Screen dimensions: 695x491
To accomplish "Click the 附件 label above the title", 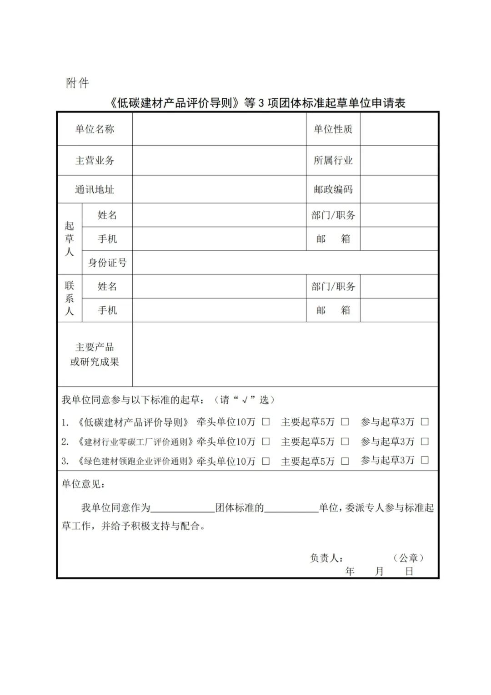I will click(78, 83).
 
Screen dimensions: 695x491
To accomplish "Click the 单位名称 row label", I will click(95, 129).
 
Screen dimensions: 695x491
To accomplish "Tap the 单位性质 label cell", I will click(333, 129).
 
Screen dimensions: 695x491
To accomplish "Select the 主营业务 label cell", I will click(95, 160).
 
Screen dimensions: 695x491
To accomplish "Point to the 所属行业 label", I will click(333, 160).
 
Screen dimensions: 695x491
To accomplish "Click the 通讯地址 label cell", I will click(95, 189).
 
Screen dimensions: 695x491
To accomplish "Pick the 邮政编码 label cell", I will click(333, 189).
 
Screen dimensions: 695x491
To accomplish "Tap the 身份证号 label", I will click(107, 263).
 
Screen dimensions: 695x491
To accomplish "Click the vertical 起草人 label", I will click(69, 238).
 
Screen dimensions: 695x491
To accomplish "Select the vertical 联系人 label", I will click(69, 299).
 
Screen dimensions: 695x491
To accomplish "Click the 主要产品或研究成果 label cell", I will click(95, 355).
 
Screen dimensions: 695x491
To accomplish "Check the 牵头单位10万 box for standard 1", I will click(266, 422).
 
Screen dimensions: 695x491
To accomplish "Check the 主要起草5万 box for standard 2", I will click(345, 441).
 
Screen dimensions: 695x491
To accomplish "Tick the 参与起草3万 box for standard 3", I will click(425, 461).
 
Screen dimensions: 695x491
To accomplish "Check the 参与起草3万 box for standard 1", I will click(425, 422).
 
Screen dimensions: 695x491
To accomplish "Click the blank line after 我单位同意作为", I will click(182, 508).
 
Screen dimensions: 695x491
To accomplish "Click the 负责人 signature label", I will click(326, 558).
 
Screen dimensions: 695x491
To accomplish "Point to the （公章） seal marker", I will click(409, 558).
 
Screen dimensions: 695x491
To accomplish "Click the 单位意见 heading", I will click(83, 484).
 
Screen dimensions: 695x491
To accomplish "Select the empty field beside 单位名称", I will click(219, 129).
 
